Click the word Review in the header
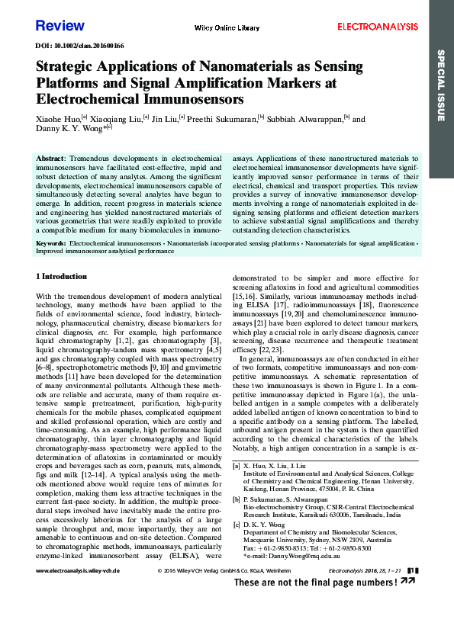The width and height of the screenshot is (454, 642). (x=60, y=26)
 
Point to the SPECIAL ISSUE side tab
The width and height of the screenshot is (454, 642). (x=441, y=84)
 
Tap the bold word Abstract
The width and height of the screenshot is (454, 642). (x=50, y=157)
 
